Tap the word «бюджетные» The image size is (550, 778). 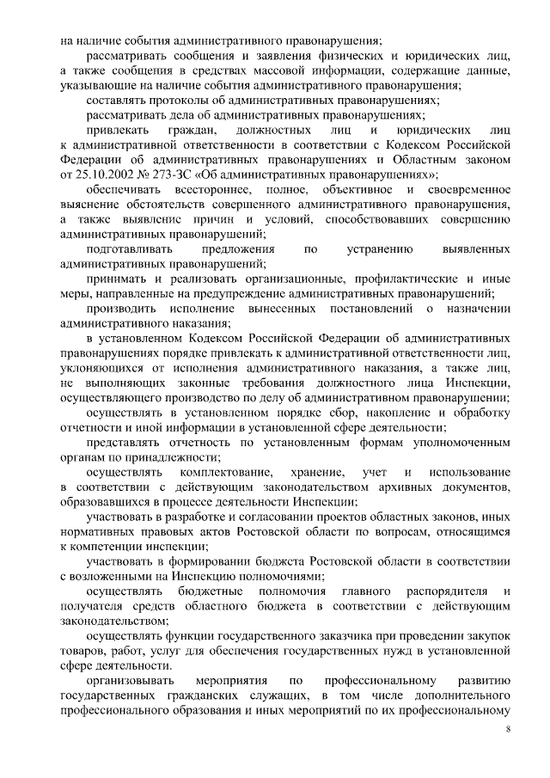click(x=207, y=592)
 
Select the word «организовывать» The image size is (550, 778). click(x=131, y=681)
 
